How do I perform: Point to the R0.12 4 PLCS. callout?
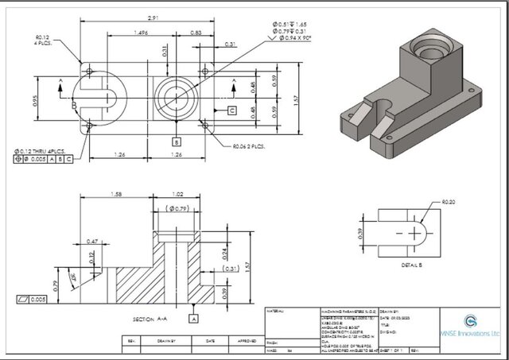(43, 40)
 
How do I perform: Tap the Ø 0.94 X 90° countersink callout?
(296, 38)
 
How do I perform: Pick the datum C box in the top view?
(231, 110)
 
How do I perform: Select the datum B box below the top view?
(175, 141)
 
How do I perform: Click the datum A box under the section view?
(192, 318)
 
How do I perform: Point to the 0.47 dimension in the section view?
(92, 241)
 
